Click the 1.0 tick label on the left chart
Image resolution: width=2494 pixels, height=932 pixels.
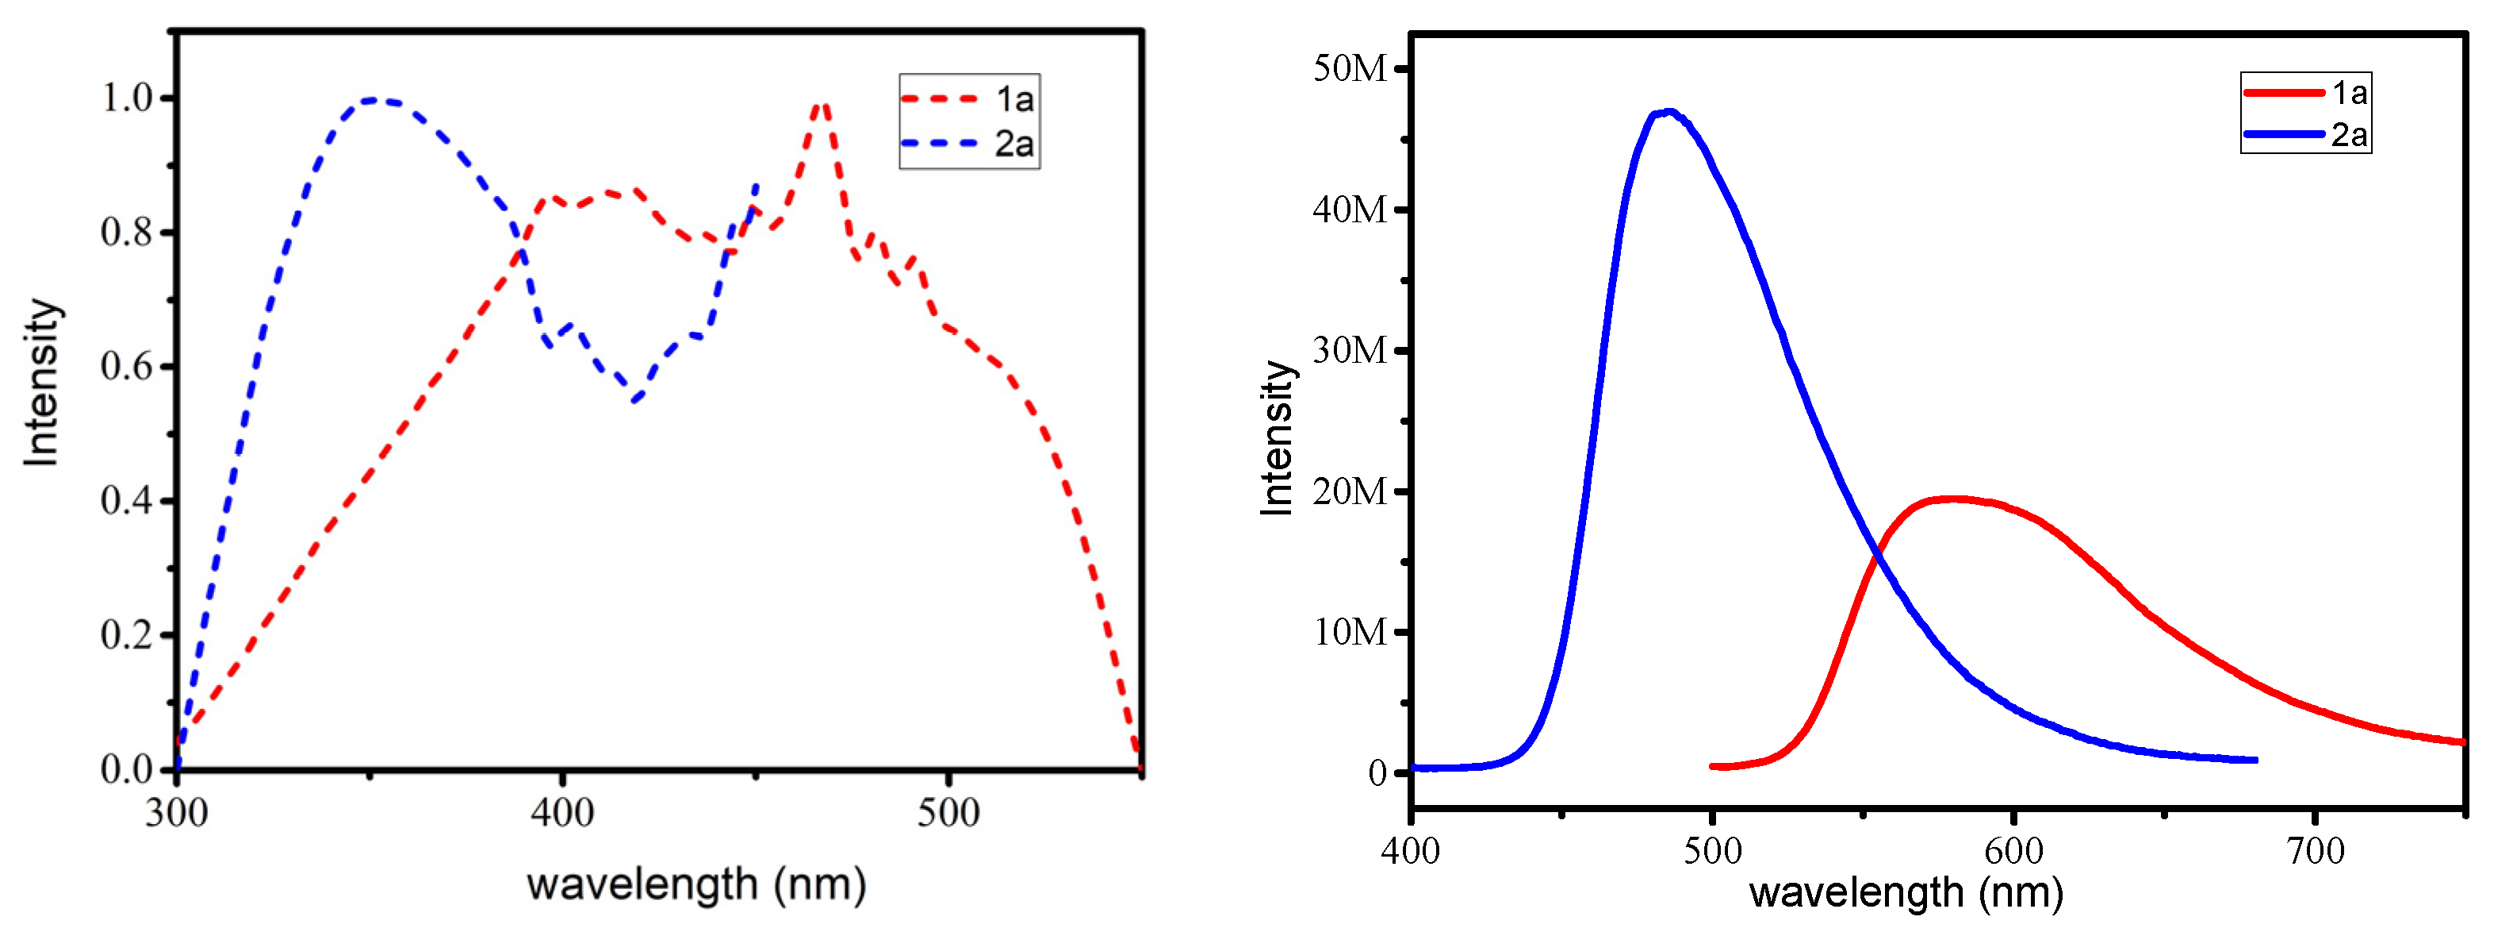pos(127,98)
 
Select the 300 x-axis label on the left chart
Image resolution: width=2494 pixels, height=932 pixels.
pos(176,812)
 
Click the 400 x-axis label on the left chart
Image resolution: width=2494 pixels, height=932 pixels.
pos(561,812)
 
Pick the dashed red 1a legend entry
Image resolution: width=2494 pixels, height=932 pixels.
pos(968,98)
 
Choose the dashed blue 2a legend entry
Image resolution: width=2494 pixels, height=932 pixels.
pos(968,144)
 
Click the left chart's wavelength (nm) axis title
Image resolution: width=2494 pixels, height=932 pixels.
pos(695,884)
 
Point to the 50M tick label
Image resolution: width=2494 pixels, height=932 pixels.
pos(1350,69)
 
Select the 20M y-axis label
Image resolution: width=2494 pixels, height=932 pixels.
pos(1350,491)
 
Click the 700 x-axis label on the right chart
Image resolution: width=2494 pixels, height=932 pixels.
pos(2315,850)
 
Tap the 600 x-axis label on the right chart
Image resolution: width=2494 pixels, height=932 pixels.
pos(2013,850)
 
